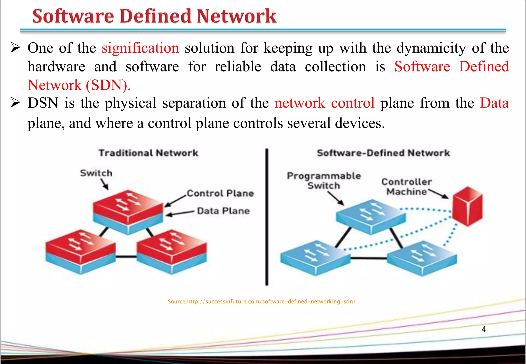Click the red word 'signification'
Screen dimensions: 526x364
click(140, 48)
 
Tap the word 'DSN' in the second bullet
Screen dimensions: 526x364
click(43, 103)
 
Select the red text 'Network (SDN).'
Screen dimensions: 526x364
click(79, 85)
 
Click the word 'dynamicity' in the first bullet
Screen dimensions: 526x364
click(431, 48)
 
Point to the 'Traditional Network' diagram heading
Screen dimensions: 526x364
click(148, 153)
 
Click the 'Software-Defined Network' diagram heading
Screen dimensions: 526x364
click(383, 153)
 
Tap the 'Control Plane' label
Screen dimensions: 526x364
click(220, 193)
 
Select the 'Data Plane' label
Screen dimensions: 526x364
click(223, 211)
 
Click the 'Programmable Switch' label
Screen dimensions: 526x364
click(324, 180)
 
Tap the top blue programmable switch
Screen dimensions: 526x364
click(371, 216)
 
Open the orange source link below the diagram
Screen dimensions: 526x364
click(261, 302)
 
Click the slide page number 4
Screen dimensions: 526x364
click(484, 329)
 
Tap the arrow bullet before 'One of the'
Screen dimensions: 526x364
click(15, 48)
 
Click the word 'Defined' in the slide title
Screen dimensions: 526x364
click(155, 16)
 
